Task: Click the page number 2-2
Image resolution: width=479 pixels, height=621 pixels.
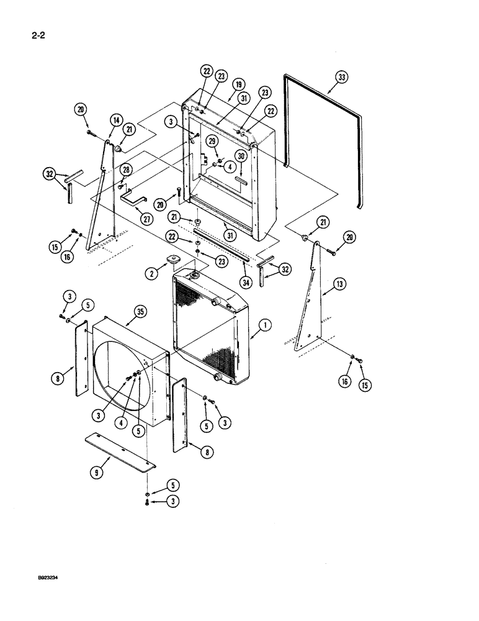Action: pos(30,36)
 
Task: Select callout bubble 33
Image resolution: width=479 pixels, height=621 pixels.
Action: pos(342,78)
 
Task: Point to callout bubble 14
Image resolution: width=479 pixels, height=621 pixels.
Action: pos(115,119)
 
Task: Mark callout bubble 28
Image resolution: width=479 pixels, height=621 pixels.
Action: pos(126,170)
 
